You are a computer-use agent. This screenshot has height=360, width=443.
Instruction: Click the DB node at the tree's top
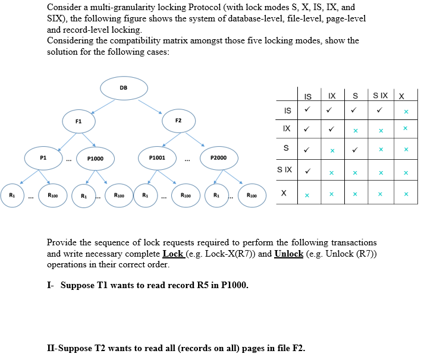click(x=124, y=88)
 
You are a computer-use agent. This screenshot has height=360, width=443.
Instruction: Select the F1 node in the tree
click(x=78, y=121)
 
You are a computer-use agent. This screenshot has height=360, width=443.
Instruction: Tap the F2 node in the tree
click(x=178, y=121)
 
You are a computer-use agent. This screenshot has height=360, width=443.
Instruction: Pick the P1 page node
click(x=43, y=158)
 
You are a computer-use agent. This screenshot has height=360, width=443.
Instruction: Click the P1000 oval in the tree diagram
click(x=95, y=159)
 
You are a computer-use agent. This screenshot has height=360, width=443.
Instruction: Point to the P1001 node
click(x=157, y=159)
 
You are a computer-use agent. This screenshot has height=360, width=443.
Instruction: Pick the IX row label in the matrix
click(x=287, y=128)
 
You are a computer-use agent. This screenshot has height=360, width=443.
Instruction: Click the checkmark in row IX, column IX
click(x=331, y=129)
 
